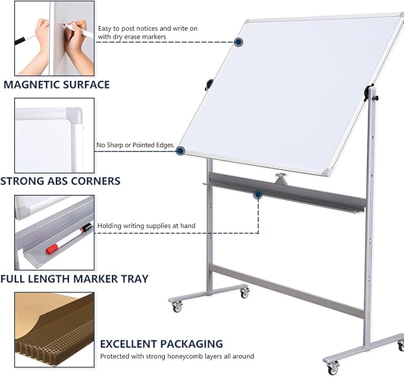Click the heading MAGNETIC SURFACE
(x=57, y=84)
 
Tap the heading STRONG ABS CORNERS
(x=60, y=181)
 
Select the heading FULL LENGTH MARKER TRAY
(x=74, y=278)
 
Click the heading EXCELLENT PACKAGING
(x=161, y=344)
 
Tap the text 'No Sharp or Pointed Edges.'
(x=135, y=145)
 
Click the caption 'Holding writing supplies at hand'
(x=146, y=226)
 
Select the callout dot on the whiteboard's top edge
(x=239, y=42)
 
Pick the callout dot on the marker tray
(x=258, y=194)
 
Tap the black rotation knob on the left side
(x=209, y=85)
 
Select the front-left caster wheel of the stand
(x=177, y=306)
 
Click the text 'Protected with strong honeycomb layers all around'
(x=177, y=357)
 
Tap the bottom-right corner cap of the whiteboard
(x=326, y=172)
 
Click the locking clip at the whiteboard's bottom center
(x=280, y=178)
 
